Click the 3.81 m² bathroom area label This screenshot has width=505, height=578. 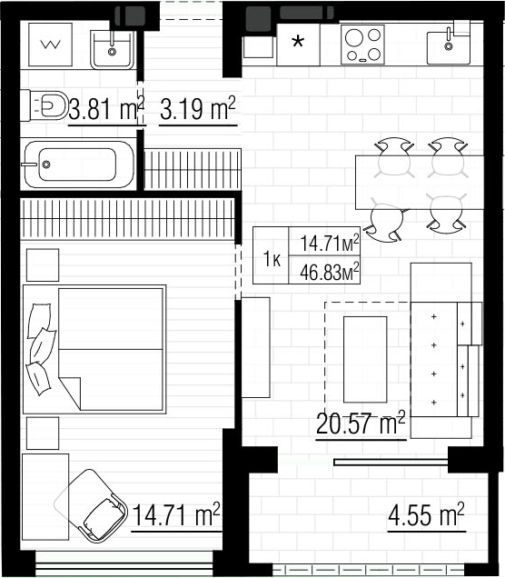[x=106, y=109]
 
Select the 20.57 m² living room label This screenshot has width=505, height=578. [x=361, y=423]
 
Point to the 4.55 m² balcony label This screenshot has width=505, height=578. [x=426, y=514]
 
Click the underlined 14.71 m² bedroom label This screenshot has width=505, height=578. [x=176, y=514]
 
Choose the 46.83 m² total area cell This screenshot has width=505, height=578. [x=324, y=270]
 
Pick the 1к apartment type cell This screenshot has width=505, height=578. [x=271, y=255]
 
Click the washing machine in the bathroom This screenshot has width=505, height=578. [x=50, y=45]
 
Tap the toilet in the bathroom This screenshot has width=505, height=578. [x=45, y=105]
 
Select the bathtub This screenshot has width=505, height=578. [x=79, y=164]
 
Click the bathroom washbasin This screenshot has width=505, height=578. [x=113, y=50]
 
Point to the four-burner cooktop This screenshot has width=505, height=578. [x=362, y=45]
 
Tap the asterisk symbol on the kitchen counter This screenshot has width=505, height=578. [x=298, y=42]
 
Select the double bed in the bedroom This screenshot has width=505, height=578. [x=94, y=349]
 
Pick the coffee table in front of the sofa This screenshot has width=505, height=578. [x=365, y=359]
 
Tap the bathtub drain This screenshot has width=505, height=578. [x=46, y=164]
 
